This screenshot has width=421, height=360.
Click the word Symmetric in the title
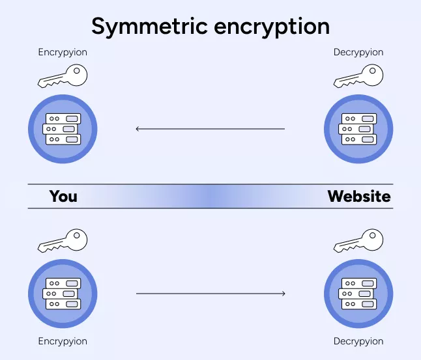pyautogui.click(x=149, y=27)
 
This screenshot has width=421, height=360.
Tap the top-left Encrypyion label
pyautogui.click(x=63, y=53)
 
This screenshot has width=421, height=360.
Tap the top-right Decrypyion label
pyautogui.click(x=358, y=53)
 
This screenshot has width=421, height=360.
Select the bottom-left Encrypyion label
pyautogui.click(x=63, y=342)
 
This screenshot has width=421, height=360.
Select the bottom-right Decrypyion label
pyautogui.click(x=358, y=342)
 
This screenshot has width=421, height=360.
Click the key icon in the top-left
pyautogui.click(x=63, y=76)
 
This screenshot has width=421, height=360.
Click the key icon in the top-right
pyautogui.click(x=358, y=76)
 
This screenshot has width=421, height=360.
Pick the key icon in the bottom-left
pyautogui.click(x=63, y=241)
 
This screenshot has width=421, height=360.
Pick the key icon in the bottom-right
pyautogui.click(x=358, y=241)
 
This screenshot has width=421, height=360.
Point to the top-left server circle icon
pyautogui.click(x=63, y=129)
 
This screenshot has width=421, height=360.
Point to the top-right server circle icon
pyautogui.click(x=358, y=129)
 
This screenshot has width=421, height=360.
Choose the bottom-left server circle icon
pyautogui.click(x=63, y=294)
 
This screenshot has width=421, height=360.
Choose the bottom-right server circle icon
pyautogui.click(x=358, y=294)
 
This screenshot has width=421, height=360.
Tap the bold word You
pyautogui.click(x=63, y=197)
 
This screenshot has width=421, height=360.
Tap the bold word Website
pyautogui.click(x=359, y=196)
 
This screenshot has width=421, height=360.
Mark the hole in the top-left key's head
pyautogui.click(x=76, y=70)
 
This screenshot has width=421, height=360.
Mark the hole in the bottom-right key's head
pyautogui.click(x=372, y=235)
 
